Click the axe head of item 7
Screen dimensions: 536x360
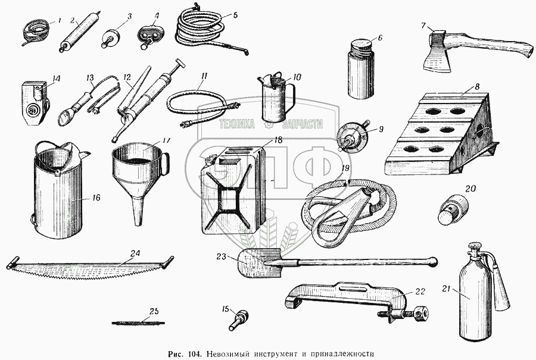tap(434, 51)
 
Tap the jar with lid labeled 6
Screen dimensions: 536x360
tap(361, 69)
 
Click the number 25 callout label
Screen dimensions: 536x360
tap(154, 311)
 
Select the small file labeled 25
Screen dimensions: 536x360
tap(138, 323)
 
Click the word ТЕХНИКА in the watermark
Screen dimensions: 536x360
tap(237, 124)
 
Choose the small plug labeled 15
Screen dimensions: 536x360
tap(239, 320)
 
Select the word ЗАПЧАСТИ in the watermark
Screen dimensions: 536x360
tap(297, 124)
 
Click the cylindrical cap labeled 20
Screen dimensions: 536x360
tap(453, 209)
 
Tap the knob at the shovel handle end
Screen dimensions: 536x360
tap(433, 261)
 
